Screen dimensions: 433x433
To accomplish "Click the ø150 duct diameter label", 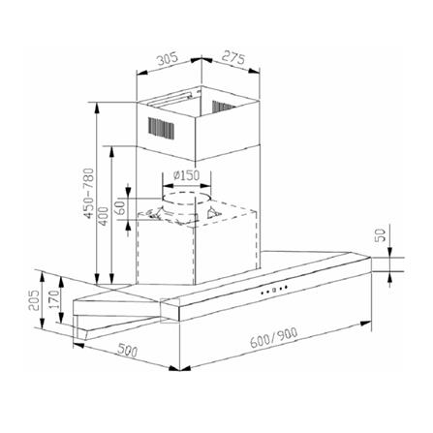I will [185, 175].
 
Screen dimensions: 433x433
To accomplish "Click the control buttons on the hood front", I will [274, 290].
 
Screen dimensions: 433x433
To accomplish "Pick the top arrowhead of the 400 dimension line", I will [114, 149].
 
